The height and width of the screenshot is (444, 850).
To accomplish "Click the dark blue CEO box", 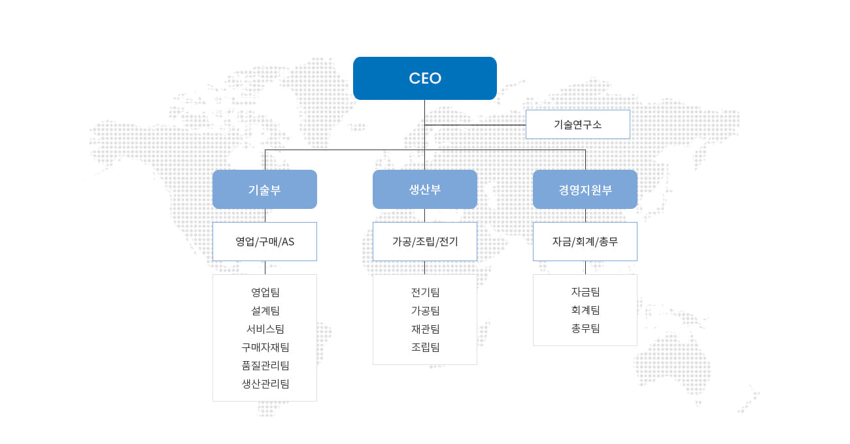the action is point(424,78).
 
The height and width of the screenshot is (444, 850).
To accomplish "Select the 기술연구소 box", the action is point(577,124).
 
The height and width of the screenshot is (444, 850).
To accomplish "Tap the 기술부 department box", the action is point(265,189).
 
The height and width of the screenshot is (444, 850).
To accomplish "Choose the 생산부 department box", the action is point(424,189).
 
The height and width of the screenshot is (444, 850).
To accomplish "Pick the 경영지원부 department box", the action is point(585,189).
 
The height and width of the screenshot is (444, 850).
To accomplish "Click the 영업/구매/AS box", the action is point(265,242).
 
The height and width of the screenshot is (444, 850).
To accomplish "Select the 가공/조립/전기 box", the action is point(424,242).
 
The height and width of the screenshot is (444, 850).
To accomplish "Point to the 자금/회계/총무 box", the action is point(585,242).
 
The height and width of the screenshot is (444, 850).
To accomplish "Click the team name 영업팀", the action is point(265,292).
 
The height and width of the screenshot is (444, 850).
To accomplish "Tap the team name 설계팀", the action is point(265,311).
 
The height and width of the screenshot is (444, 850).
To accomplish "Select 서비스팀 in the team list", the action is point(265,329).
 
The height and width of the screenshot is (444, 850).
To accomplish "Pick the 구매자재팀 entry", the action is point(265,347).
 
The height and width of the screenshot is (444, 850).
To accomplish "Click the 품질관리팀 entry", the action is point(265,366).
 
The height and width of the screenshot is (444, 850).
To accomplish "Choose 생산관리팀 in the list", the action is point(265,384).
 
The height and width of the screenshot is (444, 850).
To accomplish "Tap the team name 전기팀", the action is point(426,292).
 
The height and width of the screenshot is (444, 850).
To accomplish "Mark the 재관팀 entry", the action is point(426,329).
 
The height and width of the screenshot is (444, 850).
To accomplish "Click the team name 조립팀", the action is point(426,347).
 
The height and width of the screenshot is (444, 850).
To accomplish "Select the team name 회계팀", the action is point(585,310).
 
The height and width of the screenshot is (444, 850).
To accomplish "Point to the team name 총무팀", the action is point(585,328).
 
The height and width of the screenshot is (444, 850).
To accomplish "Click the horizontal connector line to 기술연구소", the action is point(475,125).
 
